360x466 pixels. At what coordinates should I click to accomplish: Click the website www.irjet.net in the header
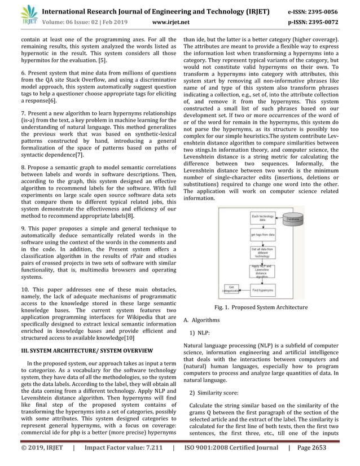pos(171,23)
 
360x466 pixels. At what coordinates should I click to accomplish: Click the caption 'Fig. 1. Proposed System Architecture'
pos(261,307)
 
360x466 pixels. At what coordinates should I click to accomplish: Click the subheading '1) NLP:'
pos(200,332)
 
